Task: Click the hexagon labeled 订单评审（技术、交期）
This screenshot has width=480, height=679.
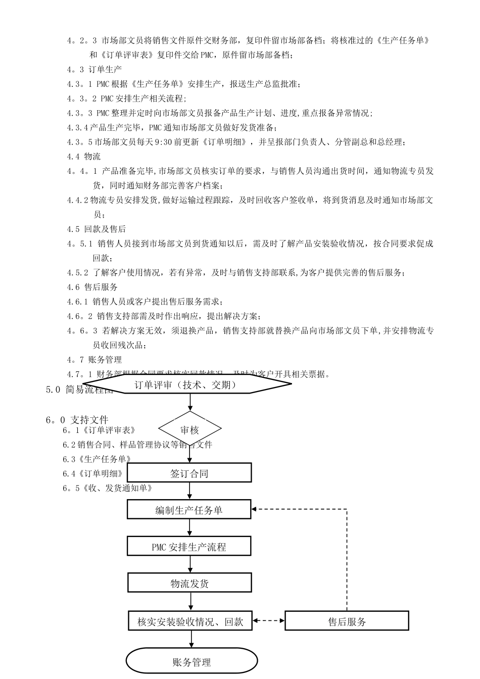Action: pyautogui.click(x=190, y=385)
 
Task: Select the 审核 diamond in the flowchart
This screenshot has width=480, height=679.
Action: pyautogui.click(x=190, y=429)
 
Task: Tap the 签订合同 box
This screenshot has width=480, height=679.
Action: pyautogui.click(x=189, y=473)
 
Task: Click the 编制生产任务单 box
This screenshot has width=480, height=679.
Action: pyautogui.click(x=189, y=510)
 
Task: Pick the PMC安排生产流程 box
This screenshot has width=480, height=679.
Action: pyautogui.click(x=189, y=547)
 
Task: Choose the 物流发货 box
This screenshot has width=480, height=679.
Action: pyautogui.click(x=189, y=584)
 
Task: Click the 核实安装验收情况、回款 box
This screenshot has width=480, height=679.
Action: pyautogui.click(x=190, y=621)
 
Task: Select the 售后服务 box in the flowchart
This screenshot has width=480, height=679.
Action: pyautogui.click(x=347, y=621)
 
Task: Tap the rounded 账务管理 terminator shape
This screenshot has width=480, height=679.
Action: pyautogui.click(x=191, y=662)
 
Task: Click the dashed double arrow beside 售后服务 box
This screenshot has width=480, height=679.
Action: pyautogui.click(x=269, y=621)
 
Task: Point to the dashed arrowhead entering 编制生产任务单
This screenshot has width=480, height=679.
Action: pyautogui.click(x=255, y=509)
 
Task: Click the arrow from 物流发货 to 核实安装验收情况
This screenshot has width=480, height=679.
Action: pyautogui.click(x=191, y=602)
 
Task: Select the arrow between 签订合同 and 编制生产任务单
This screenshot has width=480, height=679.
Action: pyautogui.click(x=190, y=491)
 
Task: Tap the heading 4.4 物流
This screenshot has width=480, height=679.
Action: pyautogui.click(x=84, y=157)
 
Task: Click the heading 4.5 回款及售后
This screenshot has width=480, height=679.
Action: pyautogui.click(x=97, y=229)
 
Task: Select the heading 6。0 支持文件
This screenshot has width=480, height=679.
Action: pyautogui.click(x=77, y=420)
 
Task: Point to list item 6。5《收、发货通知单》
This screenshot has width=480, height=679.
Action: pyautogui.click(x=108, y=488)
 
